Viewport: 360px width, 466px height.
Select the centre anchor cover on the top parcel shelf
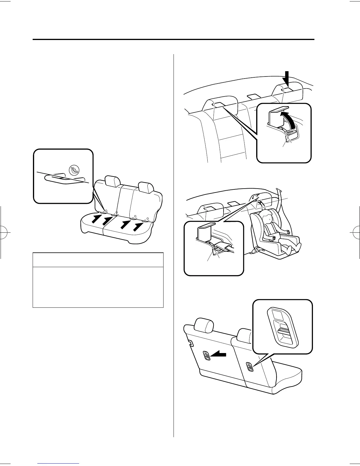253,96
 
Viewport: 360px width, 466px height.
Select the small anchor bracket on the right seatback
250,367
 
